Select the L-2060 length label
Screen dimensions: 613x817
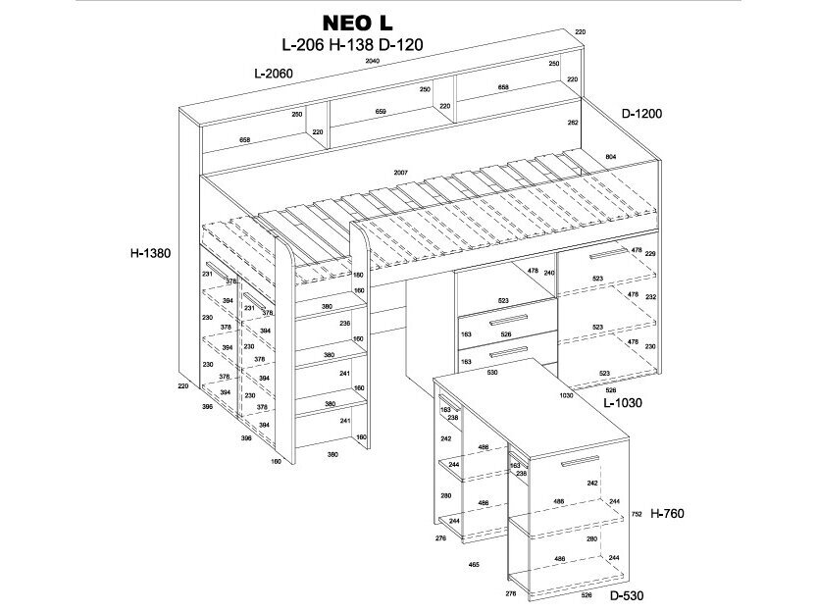[x=273, y=74]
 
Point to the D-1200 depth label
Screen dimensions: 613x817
[x=641, y=114]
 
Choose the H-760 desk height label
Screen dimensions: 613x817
[x=666, y=513]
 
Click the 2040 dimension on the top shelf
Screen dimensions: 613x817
[x=373, y=62]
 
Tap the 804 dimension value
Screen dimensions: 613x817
[x=610, y=157]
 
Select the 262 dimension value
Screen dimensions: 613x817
[x=573, y=123]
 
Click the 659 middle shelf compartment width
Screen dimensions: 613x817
[x=381, y=112]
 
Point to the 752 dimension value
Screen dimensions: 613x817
[x=637, y=513]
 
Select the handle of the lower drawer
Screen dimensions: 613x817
[x=508, y=351]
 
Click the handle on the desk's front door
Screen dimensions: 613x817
[x=581, y=461]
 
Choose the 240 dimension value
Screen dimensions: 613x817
[x=549, y=273]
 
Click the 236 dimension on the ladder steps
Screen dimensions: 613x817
[x=344, y=323]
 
